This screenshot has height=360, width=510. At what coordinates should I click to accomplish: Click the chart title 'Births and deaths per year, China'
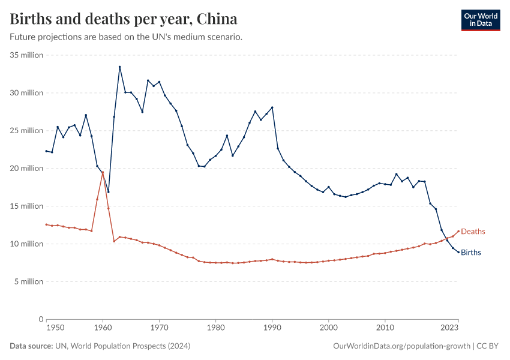click(123, 19)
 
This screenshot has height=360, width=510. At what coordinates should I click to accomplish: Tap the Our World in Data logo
click(480, 20)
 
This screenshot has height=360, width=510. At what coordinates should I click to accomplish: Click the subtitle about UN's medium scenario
click(126, 37)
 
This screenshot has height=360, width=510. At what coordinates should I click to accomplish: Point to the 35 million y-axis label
click(27, 55)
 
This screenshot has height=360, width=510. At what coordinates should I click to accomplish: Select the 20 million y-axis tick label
click(27, 169)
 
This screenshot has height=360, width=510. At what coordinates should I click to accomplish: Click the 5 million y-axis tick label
click(29, 281)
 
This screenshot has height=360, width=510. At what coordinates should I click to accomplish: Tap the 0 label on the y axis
click(40, 319)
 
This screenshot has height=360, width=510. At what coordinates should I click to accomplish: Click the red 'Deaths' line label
click(473, 232)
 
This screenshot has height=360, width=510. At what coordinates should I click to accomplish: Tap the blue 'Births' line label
click(471, 253)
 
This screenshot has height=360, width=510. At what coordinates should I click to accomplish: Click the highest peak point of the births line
click(119, 67)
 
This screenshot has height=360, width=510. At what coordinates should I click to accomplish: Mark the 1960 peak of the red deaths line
click(103, 172)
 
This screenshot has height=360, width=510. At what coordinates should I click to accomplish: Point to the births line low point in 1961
click(108, 192)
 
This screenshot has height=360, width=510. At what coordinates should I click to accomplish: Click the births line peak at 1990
click(272, 107)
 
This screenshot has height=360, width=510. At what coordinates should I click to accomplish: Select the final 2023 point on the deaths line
click(458, 231)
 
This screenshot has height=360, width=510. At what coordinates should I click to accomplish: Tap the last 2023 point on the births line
click(458, 252)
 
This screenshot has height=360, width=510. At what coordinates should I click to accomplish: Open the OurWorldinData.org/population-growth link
click(401, 346)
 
